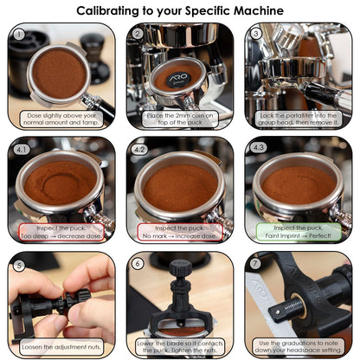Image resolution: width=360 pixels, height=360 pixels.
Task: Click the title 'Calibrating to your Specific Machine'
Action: (179, 10)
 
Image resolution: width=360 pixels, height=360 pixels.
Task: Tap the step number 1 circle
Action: (19, 35)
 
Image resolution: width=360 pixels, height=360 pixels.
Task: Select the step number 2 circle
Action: (138, 35)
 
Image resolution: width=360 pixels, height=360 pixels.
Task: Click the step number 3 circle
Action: (256, 35)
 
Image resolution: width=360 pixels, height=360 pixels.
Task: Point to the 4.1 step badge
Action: (22, 149)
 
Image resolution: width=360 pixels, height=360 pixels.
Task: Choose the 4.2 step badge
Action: (140, 149)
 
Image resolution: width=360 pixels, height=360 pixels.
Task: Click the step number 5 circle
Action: (19, 264)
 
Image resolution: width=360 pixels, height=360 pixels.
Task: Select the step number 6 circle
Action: (138, 264)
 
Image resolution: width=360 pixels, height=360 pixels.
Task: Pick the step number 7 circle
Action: (256, 264)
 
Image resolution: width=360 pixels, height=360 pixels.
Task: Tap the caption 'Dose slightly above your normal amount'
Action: (61, 119)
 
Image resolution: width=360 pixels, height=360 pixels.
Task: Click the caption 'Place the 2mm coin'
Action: (180, 119)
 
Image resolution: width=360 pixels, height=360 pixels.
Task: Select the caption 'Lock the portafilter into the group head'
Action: (299, 119)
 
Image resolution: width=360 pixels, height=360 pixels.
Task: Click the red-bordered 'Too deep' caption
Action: (61, 232)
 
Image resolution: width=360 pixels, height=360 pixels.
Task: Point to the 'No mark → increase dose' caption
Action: (180, 232)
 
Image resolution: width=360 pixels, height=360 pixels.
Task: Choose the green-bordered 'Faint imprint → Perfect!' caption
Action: (299, 232)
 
